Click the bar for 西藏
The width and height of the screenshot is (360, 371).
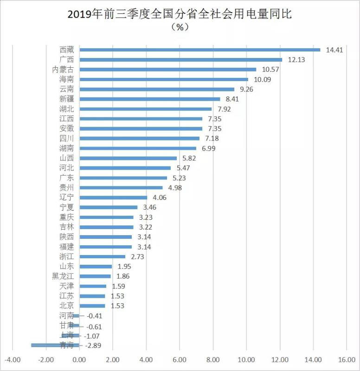199,50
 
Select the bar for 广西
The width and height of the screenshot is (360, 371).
180,59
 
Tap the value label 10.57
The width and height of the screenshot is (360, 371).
271,70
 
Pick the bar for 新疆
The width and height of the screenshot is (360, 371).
149,99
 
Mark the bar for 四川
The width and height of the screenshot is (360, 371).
139,138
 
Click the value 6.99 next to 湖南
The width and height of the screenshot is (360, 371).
211,148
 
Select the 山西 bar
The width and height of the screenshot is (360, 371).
128,158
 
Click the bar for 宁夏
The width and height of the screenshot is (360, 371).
108,207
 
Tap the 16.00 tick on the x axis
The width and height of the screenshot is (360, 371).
346,360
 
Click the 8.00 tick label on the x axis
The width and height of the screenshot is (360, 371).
213,360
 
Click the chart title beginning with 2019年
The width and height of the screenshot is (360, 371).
180,15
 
